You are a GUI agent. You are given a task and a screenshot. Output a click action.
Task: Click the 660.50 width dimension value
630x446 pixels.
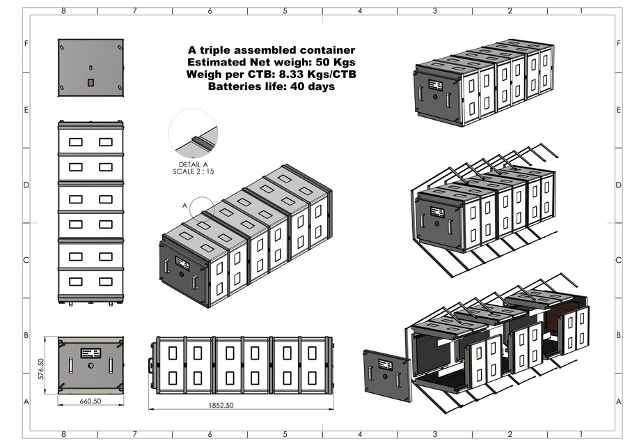click(90, 401)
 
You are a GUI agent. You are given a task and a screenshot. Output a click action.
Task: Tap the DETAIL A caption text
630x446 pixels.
click(192, 164)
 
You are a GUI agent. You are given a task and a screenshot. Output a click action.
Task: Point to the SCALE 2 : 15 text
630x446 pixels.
click(192, 171)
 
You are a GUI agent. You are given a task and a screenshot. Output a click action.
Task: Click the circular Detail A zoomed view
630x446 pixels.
click(193, 134)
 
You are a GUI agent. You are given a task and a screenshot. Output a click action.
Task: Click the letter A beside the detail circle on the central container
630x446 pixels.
click(184, 206)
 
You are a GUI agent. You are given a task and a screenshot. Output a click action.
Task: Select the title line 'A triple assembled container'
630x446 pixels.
click(271, 50)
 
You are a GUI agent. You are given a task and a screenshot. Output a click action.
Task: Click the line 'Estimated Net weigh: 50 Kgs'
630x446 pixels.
click(271, 62)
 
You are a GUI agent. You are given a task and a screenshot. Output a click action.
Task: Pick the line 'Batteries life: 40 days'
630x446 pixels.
click(271, 86)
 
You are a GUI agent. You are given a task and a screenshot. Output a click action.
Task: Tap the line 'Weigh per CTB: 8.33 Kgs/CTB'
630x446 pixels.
click(271, 75)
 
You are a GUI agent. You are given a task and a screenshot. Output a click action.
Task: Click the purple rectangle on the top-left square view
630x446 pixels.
click(90, 82)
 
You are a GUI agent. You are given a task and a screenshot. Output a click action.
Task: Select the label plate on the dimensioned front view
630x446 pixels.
click(90, 353)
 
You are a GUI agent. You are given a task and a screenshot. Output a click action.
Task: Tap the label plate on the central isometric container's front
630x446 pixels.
click(182, 263)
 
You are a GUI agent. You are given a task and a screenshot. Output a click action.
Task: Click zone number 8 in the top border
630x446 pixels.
click(64, 11)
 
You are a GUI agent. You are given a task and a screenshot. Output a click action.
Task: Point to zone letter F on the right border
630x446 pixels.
click(618, 43)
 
